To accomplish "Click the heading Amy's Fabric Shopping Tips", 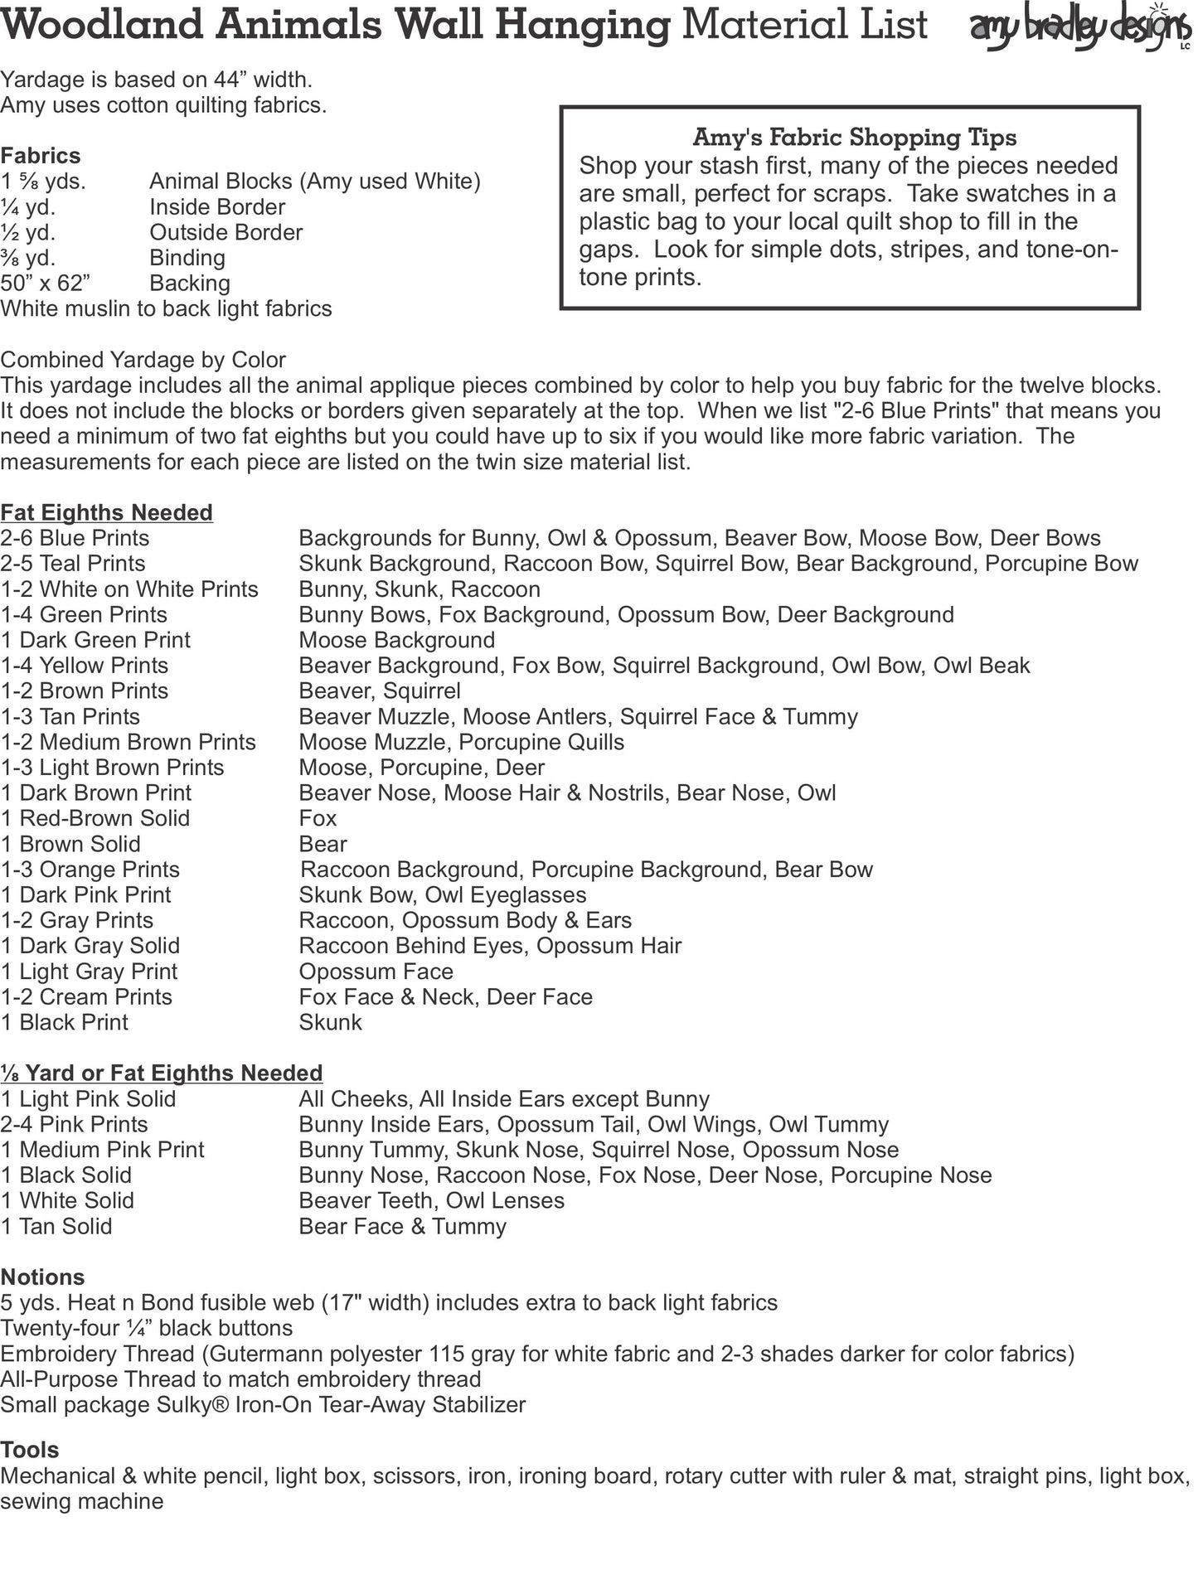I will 854,137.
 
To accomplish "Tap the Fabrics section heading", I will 41,156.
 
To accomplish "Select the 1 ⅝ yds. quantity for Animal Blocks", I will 43,182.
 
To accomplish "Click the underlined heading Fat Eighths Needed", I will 107,512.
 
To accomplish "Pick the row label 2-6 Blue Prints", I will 75,538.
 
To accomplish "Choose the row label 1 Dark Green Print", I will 95,640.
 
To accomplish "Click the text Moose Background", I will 396,640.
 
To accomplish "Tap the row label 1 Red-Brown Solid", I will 95,818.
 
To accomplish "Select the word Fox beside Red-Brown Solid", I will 318,818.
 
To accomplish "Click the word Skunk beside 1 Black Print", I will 330,1022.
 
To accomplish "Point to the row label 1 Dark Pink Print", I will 86,895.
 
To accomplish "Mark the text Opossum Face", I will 376,972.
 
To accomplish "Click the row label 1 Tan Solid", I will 56,1226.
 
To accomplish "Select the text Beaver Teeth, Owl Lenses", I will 431,1200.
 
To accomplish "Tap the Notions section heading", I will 43,1277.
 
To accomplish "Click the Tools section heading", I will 30,1450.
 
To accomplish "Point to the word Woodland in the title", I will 102,25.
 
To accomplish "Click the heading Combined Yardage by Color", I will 143,360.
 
